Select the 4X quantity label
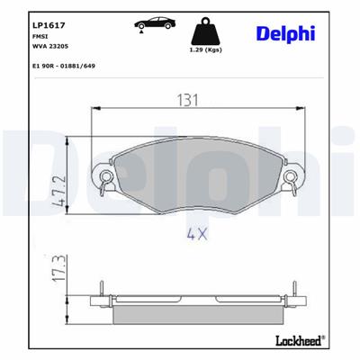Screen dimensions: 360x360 [x=197, y=236]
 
